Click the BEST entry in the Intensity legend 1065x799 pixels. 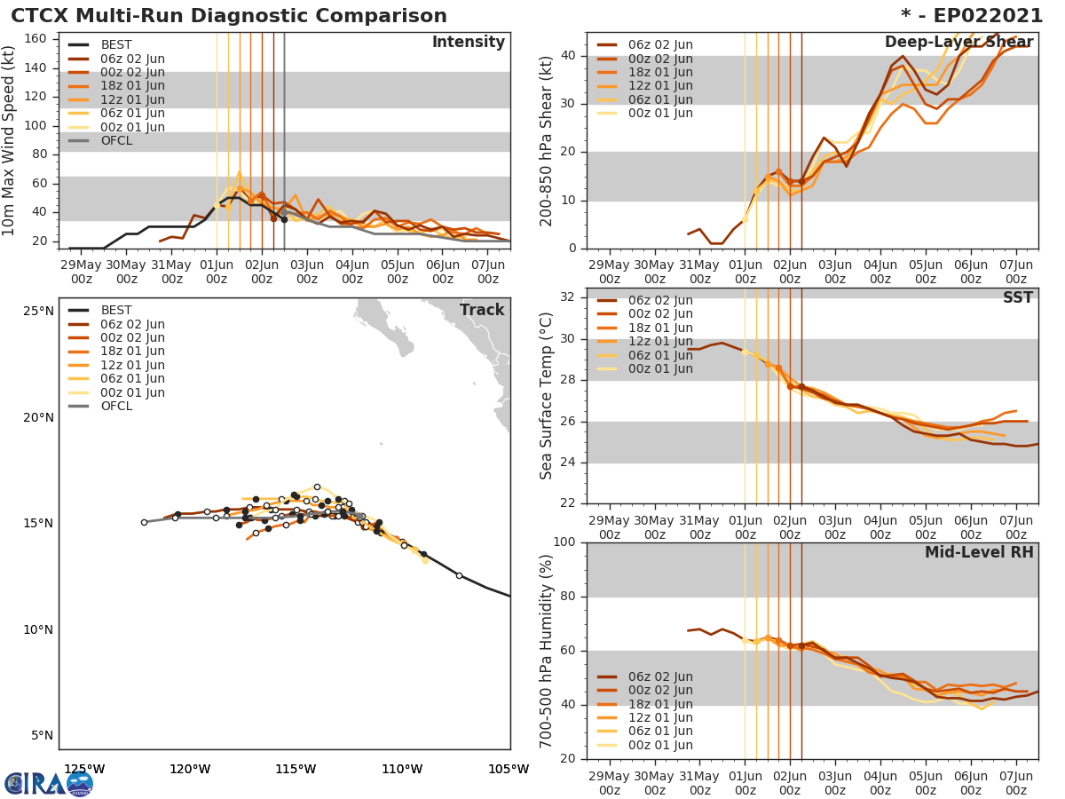115,44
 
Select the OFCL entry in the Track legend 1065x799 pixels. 115,406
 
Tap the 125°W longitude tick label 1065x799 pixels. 85,769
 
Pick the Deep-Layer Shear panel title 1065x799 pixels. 958,43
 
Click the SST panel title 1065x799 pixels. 1017,297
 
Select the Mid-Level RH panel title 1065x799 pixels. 978,552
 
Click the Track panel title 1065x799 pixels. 481,310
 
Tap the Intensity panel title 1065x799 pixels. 468,43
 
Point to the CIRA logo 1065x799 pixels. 49,783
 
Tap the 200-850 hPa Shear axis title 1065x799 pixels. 547,142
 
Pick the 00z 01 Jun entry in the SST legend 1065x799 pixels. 659,368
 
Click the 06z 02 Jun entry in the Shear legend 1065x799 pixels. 659,44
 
